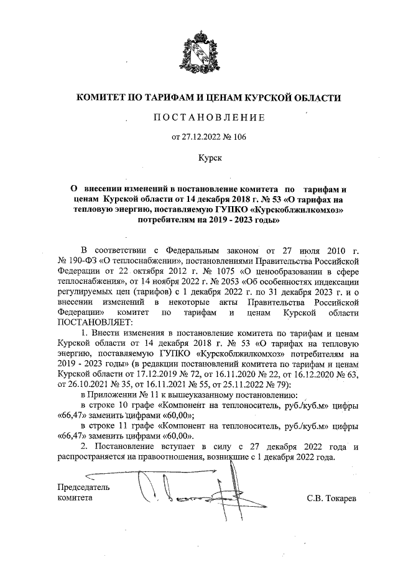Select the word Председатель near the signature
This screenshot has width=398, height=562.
click(83, 487)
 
